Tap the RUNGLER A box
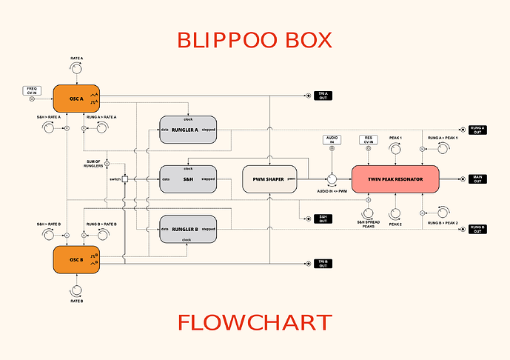(188, 129)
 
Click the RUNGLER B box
(188, 229)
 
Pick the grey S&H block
(188, 179)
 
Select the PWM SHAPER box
(269, 179)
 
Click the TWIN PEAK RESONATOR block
(395, 179)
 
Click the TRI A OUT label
(323, 95)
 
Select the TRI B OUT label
(323, 264)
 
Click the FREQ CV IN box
(32, 90)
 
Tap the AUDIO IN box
(332, 139)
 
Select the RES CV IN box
(368, 139)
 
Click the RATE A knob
(77, 69)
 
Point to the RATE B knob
(77, 289)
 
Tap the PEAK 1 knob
(395, 149)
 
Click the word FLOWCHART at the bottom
(255, 323)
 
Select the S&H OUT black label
(323, 219)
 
